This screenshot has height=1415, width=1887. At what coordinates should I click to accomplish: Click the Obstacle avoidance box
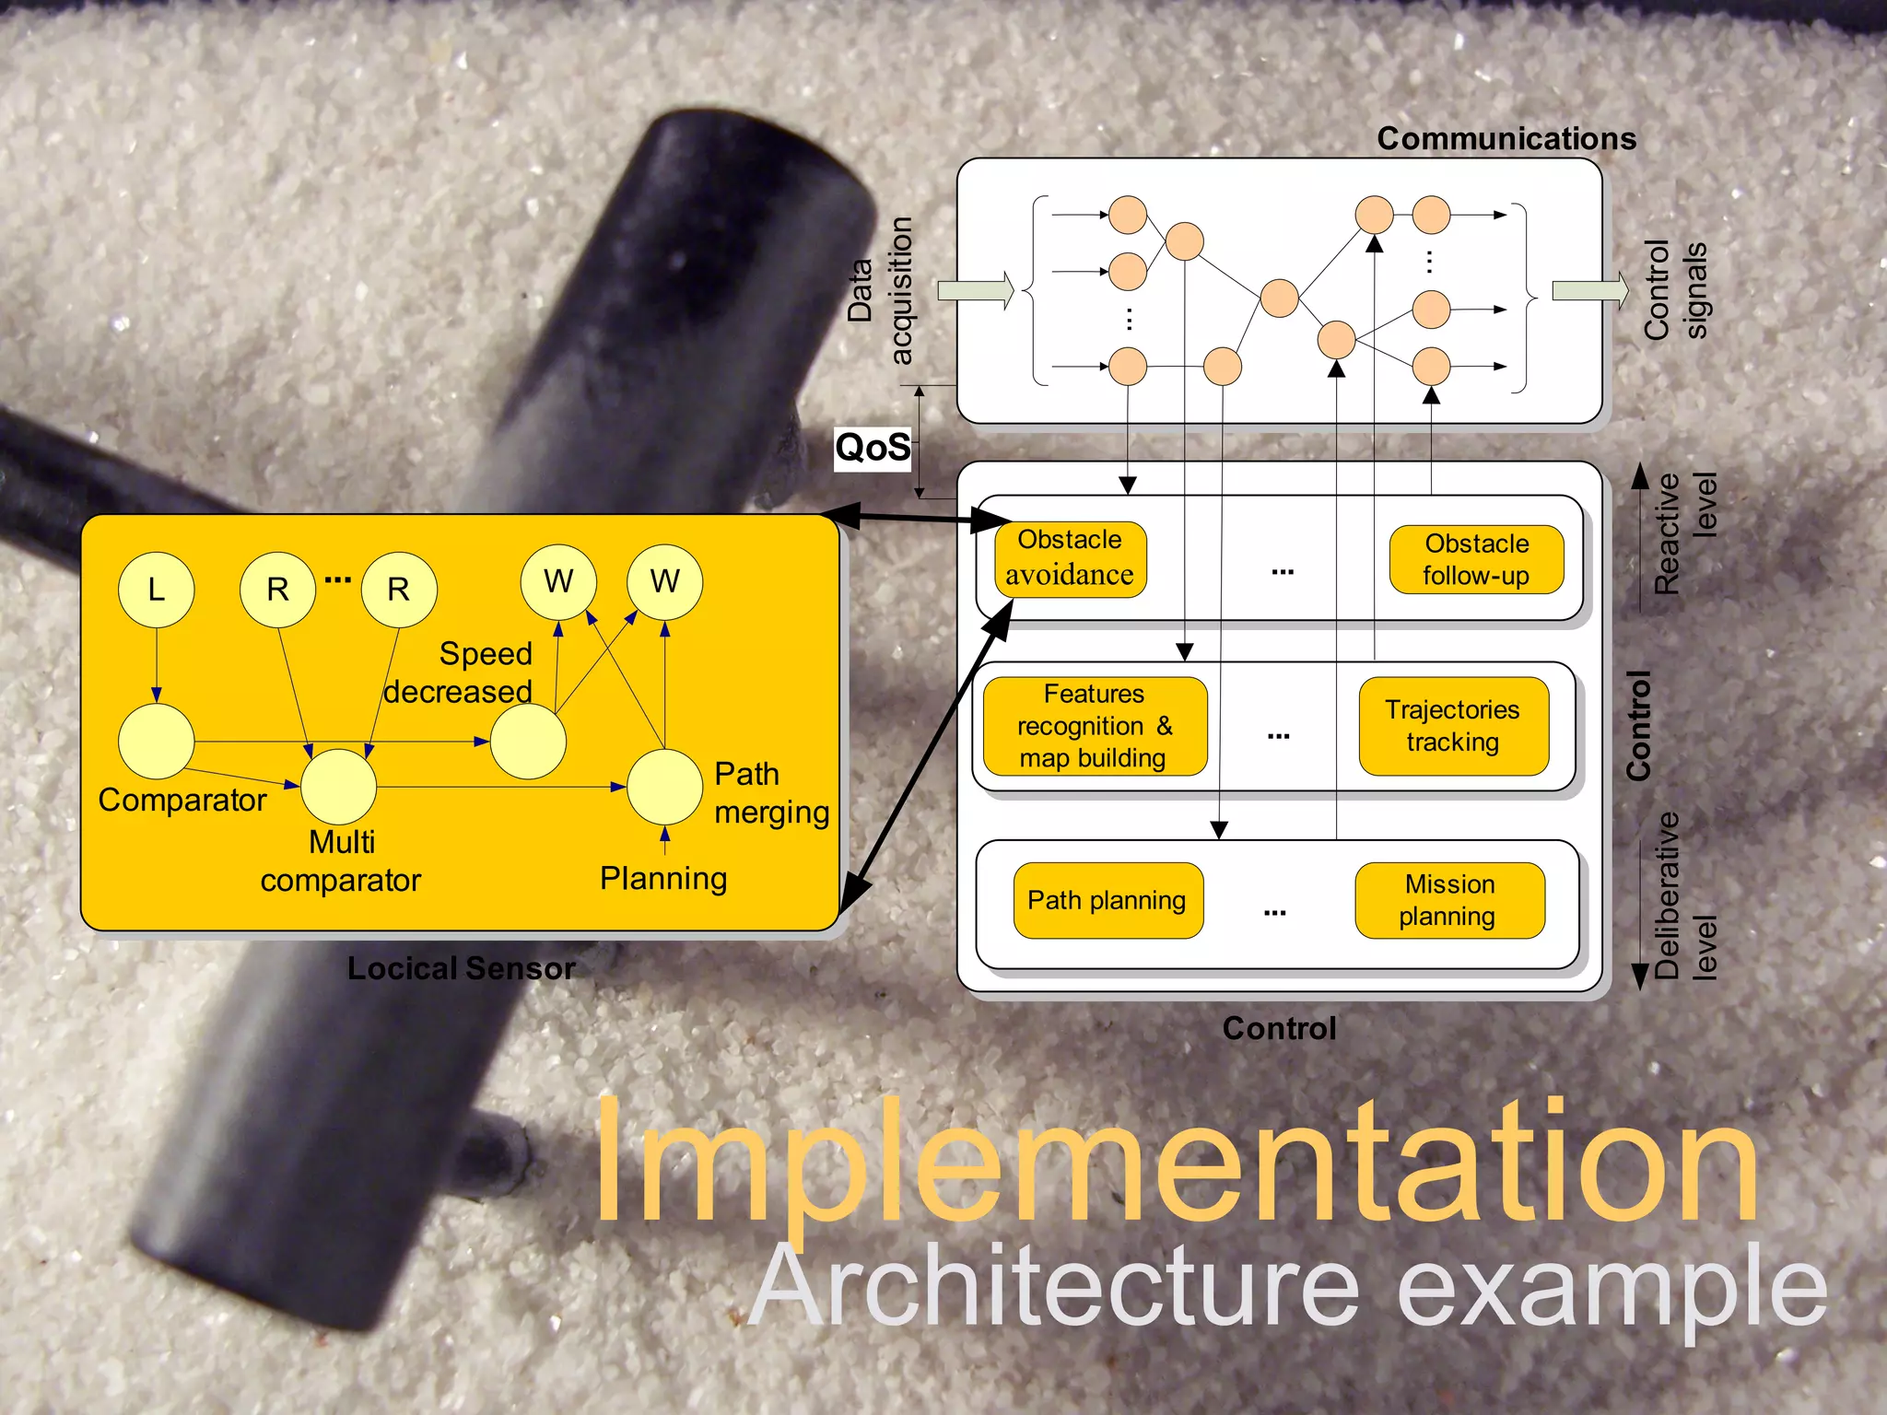pos(1070,558)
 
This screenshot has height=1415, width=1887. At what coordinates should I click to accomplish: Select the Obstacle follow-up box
pos(1476,559)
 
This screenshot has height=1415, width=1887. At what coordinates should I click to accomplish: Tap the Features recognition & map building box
pos(1095,726)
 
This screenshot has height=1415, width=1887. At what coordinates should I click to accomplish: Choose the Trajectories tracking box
pos(1453,726)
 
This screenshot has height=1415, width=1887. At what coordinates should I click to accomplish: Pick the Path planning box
pos(1108,900)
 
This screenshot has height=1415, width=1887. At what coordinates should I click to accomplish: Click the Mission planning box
pos(1449,900)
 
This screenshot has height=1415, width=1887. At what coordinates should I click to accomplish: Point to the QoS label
pos(872,449)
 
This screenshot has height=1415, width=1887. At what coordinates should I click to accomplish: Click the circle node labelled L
pos(156,590)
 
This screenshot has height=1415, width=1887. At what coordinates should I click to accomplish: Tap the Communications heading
pos(1506,138)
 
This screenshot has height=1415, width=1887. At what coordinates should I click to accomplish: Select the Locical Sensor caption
pos(461,968)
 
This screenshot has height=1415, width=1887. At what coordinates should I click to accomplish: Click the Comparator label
pos(182,800)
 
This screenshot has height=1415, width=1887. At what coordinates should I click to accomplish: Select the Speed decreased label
pos(461,672)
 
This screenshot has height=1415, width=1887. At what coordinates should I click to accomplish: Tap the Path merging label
pos(770,793)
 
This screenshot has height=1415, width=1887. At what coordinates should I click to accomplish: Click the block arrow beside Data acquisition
pos(975,291)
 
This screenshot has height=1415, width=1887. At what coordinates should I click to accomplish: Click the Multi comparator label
pos(341,861)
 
